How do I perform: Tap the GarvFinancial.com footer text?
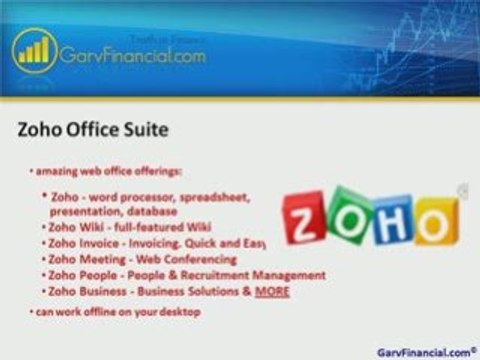[x=425, y=352]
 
